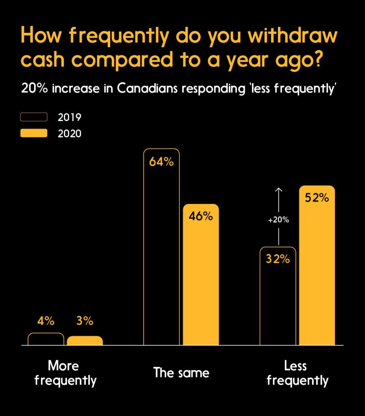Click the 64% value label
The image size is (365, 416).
[161, 162]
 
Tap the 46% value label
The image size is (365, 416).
[201, 216]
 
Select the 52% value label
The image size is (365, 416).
[317, 198]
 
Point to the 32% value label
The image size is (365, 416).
[278, 259]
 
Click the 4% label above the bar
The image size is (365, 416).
[46, 321]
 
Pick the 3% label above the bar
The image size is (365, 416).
[85, 321]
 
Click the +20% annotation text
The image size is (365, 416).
[278, 220]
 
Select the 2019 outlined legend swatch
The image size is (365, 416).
[34, 117]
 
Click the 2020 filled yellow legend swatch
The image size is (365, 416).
[34, 133]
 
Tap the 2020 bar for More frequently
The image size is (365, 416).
[85, 340]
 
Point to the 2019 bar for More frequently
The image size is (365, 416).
[46, 339]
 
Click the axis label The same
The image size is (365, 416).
[181, 373]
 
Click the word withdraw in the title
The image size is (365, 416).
[293, 36]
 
